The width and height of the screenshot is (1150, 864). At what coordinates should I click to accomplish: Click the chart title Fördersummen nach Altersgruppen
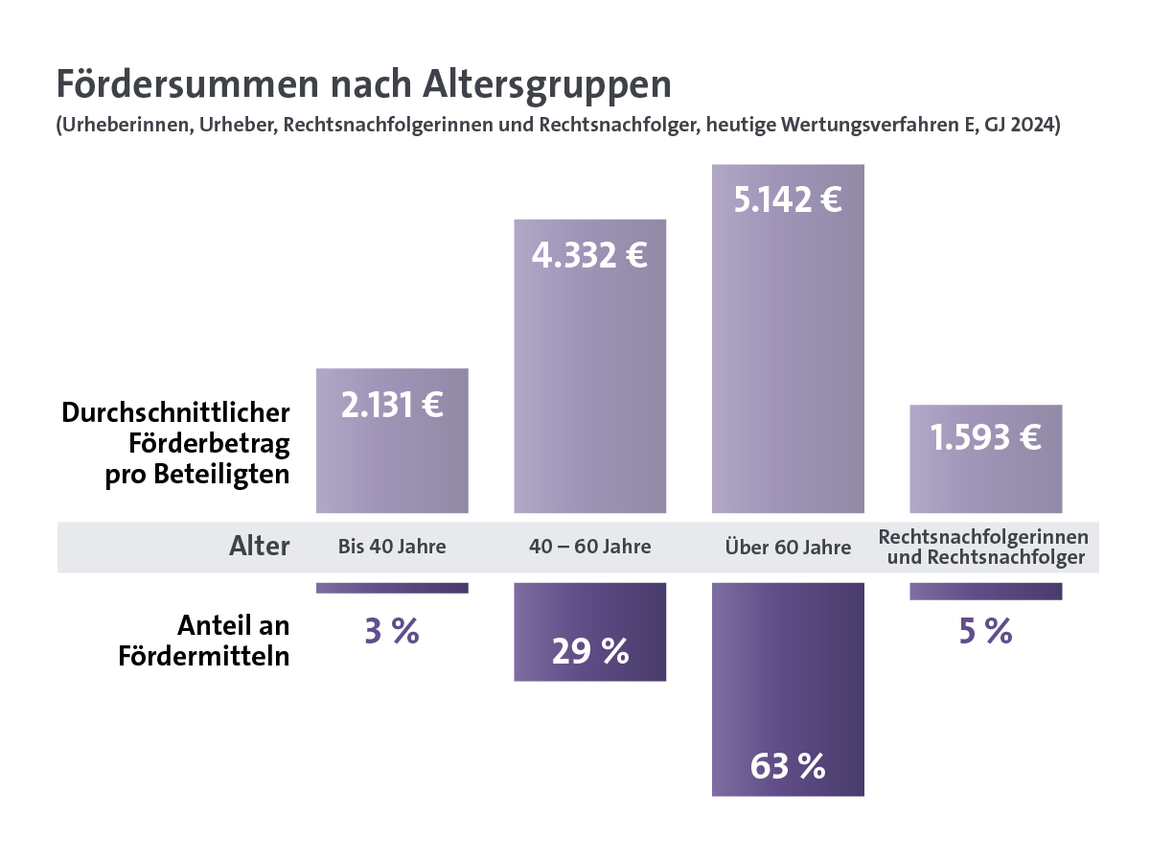(x=363, y=84)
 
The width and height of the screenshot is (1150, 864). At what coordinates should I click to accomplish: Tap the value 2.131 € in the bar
(x=392, y=405)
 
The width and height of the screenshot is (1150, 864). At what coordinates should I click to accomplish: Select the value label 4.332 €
(x=589, y=256)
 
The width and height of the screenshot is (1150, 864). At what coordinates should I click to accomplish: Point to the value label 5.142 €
(x=787, y=200)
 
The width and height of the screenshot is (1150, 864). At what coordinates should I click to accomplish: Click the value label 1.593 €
(x=985, y=437)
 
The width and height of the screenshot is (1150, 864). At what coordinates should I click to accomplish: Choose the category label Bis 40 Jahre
(x=392, y=548)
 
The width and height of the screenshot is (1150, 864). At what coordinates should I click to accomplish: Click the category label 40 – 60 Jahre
(x=589, y=548)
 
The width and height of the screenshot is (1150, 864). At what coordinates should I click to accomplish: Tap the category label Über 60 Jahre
(x=788, y=548)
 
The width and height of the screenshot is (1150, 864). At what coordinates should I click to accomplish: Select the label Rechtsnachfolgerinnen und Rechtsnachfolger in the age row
(x=985, y=547)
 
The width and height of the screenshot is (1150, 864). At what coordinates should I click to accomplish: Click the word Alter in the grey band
(x=259, y=547)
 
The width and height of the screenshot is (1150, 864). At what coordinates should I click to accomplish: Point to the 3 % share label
(x=392, y=631)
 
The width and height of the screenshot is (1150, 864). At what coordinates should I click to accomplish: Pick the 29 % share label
(x=589, y=652)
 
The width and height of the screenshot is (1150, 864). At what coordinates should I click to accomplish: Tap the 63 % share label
(x=788, y=766)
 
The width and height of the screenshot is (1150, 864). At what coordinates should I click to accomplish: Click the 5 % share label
(x=985, y=631)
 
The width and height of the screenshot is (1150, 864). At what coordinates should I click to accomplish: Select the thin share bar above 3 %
(x=392, y=588)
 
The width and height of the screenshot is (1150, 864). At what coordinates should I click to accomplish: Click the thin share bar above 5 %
(x=985, y=591)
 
